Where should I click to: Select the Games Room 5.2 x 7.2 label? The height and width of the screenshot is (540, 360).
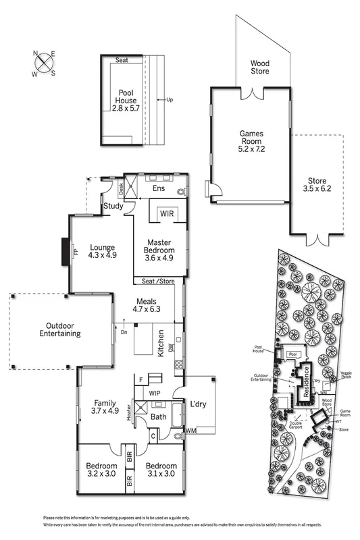251,144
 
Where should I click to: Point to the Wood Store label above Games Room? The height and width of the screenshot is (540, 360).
260,66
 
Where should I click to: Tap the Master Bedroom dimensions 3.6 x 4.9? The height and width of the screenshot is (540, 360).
159,257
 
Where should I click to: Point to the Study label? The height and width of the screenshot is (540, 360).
113,206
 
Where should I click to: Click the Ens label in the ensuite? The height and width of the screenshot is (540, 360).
159,188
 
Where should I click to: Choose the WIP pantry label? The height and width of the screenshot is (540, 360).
154,392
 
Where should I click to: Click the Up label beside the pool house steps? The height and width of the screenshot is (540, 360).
170,100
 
